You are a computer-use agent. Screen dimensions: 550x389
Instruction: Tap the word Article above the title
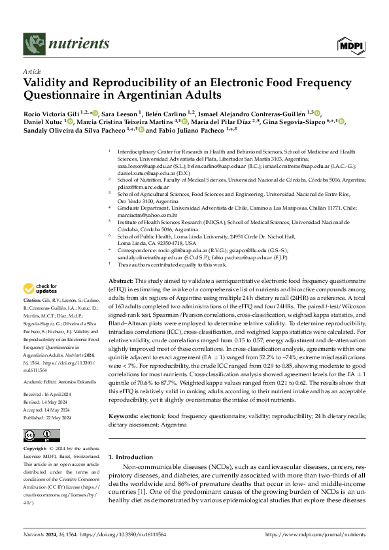click(x=32, y=72)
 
